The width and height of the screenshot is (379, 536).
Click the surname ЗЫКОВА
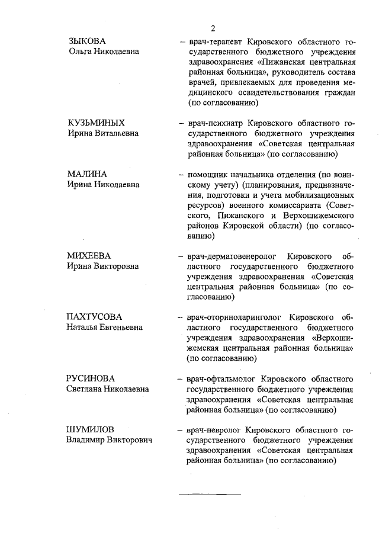point(86,41)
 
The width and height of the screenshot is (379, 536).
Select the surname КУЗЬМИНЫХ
point(95,123)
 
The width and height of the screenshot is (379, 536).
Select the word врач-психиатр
point(216,123)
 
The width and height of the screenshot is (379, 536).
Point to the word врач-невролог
point(214,429)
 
